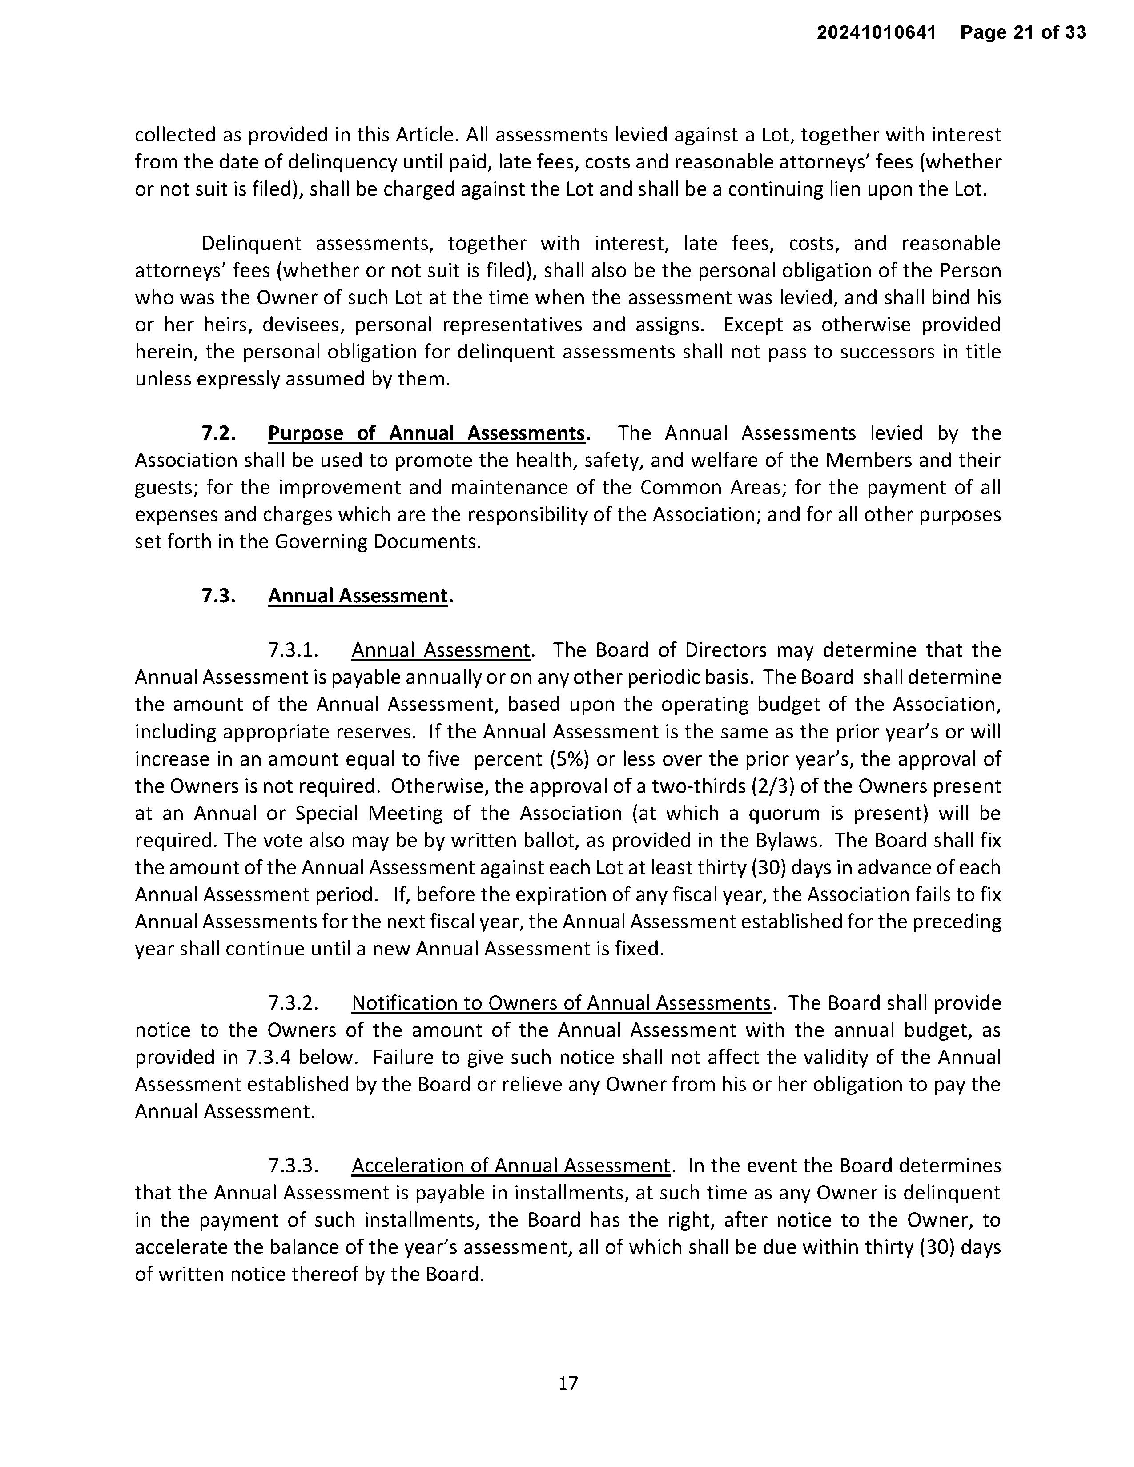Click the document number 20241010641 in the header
876,32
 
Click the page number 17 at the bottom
568,1383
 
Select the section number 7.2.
218,433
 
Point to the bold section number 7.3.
218,596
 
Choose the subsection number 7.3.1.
293,650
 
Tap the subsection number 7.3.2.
293,1003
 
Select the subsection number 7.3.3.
293,1166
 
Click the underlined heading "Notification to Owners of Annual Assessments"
561,1003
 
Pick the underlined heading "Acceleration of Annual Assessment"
511,1166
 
